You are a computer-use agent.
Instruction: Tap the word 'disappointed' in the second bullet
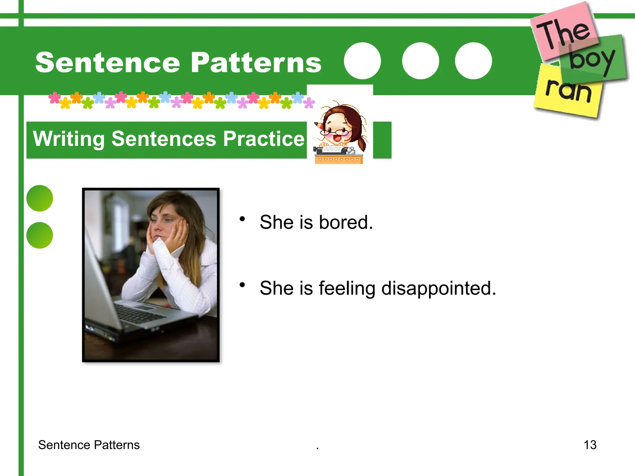click(438, 289)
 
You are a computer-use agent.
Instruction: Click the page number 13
click(590, 445)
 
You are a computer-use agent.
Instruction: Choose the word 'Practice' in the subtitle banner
click(264, 139)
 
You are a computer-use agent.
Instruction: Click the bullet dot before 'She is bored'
click(242, 219)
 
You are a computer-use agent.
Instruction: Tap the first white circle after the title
click(362, 61)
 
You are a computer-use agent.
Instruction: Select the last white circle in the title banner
click(473, 61)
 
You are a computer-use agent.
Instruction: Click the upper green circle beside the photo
click(40, 198)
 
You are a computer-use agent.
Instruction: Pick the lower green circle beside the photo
click(40, 235)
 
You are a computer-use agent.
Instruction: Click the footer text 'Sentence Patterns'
click(89, 445)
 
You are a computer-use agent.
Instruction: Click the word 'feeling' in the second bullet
click(347, 289)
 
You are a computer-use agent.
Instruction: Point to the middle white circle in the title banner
click(420, 61)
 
